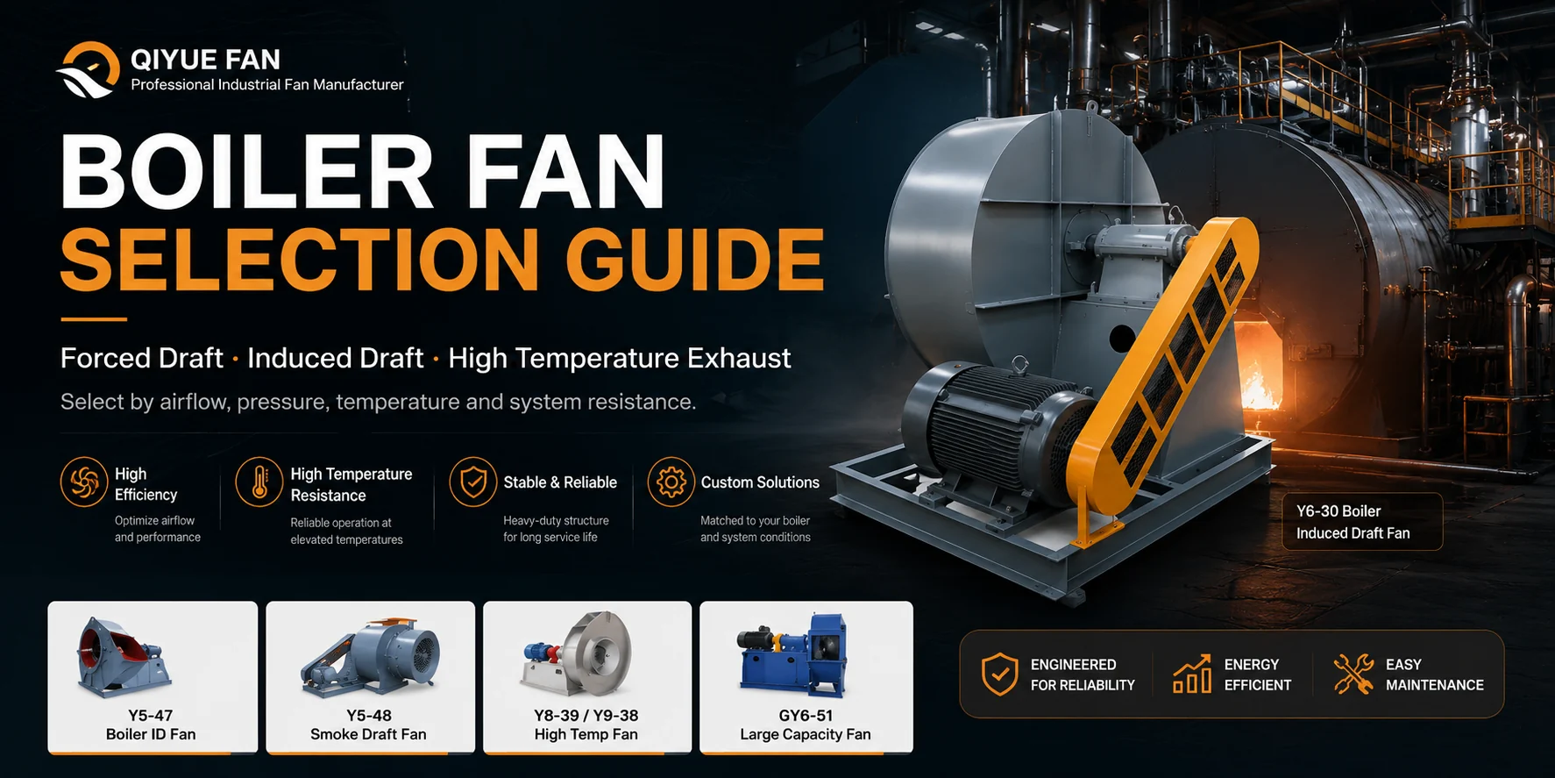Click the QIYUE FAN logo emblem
(x=89, y=70)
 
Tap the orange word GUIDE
(x=695, y=259)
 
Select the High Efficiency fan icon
(x=84, y=482)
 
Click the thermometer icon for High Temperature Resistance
(x=259, y=482)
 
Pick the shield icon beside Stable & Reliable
(x=473, y=482)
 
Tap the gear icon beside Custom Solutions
(x=671, y=482)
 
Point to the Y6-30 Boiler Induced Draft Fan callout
(x=1362, y=522)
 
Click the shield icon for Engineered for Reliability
(x=999, y=674)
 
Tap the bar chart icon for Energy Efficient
(x=1192, y=674)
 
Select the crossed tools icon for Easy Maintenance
(x=1353, y=674)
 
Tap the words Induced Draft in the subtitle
(x=335, y=358)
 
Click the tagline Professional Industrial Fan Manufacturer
(x=267, y=85)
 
